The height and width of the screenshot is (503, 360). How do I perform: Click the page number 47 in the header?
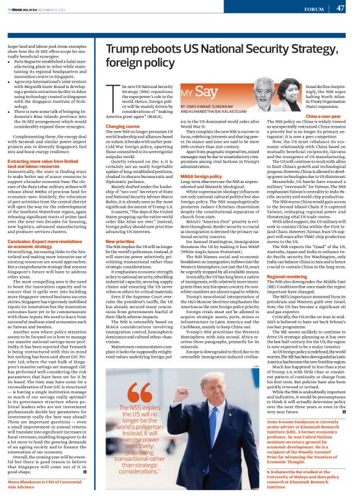click(x=340, y=8)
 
